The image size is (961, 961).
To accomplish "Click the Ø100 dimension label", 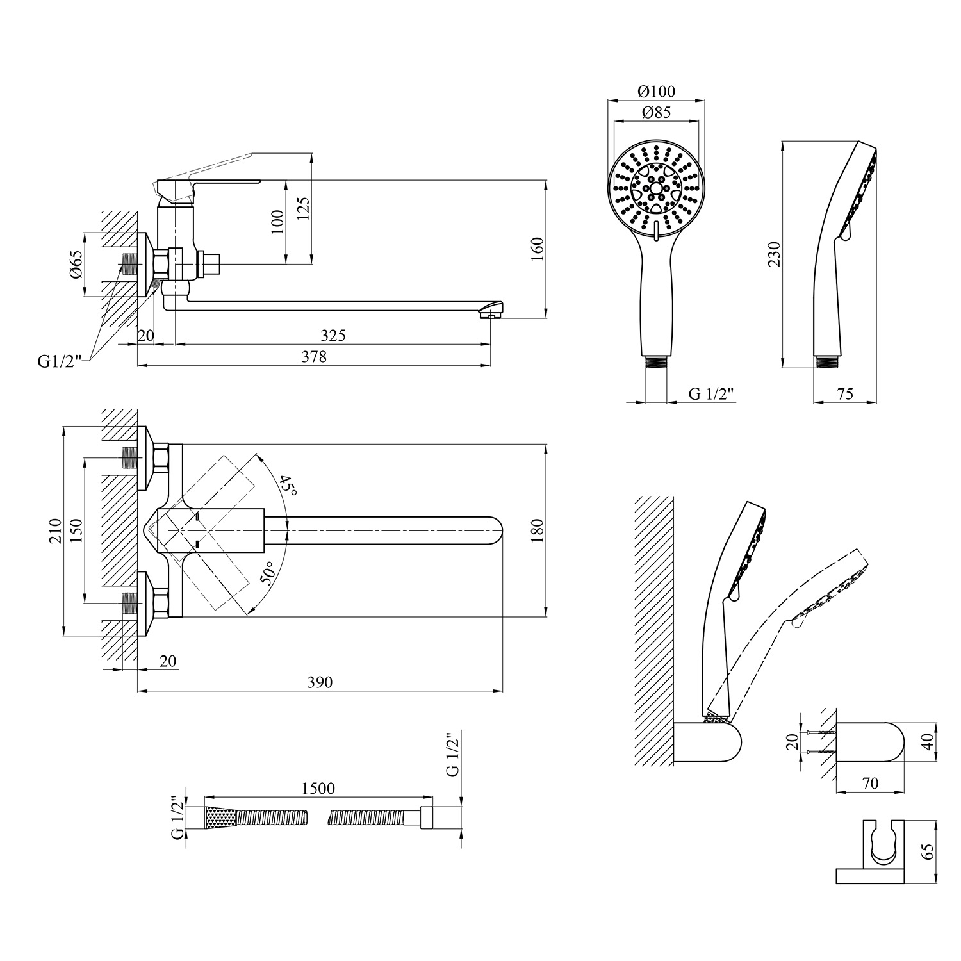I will [656, 92].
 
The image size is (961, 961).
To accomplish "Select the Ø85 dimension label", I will [656, 113].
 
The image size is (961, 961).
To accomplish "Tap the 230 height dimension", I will [774, 254].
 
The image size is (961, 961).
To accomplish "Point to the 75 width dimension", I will [845, 394].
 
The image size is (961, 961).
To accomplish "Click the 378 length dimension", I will [315, 357].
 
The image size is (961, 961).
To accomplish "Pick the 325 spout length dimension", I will [333, 336].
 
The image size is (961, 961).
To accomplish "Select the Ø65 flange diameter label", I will [76, 264].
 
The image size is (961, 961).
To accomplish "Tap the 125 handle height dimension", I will [303, 208].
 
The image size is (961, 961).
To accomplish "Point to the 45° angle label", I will [289, 488].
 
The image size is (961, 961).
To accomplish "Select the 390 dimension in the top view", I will [320, 682].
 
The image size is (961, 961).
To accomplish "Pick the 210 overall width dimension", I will [54, 530].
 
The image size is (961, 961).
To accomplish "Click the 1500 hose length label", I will [318, 788].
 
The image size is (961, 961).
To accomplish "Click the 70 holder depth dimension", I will [870, 783].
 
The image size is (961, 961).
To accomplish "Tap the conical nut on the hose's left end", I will [221, 817].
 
